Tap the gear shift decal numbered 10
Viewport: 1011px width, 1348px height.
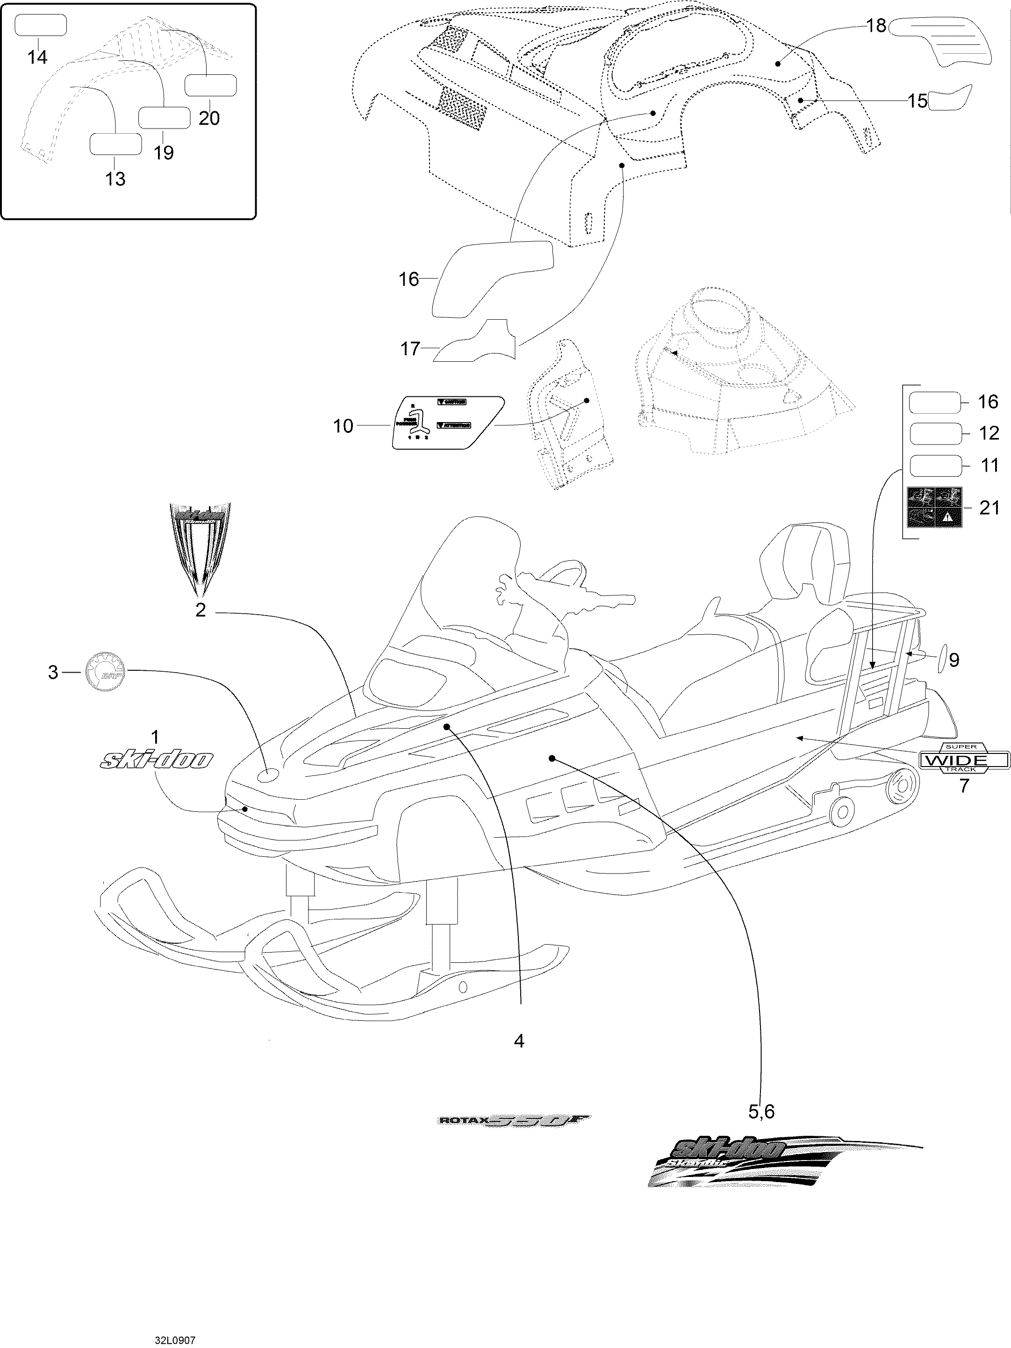tap(448, 423)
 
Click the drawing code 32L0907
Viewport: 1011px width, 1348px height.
tap(174, 1335)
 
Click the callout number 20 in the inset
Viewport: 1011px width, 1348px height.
tap(209, 118)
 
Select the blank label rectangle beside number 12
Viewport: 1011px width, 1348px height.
tap(935, 434)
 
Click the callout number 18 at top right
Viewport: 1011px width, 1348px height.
tap(876, 26)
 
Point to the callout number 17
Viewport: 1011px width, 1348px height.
tap(410, 349)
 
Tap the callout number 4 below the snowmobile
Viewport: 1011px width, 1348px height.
tap(519, 1041)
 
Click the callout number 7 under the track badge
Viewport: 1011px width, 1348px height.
tap(963, 786)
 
